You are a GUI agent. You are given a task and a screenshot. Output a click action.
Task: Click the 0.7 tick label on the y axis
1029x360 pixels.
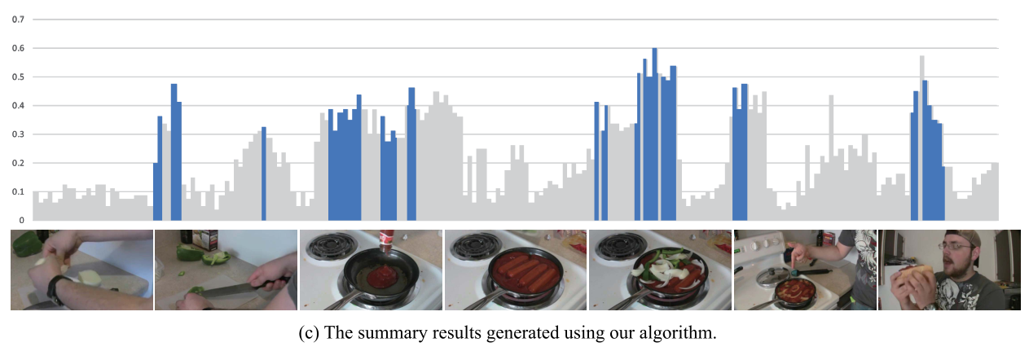tap(16, 19)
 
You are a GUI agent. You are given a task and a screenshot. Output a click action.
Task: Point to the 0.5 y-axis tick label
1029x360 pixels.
tap(16, 77)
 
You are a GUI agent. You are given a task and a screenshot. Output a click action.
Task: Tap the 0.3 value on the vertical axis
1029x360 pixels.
tap(16, 134)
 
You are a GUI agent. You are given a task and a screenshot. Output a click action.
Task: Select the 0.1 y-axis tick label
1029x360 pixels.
tap(16, 191)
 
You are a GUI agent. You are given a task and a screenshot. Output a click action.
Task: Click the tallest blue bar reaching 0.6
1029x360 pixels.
tap(654, 130)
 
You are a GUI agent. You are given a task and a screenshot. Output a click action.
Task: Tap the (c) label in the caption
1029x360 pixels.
tap(328, 335)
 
